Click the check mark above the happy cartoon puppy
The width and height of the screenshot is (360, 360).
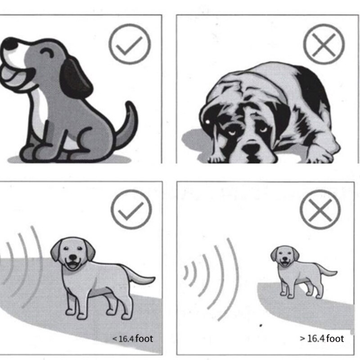[x=130, y=44]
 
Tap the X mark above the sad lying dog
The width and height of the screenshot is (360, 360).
[x=323, y=44]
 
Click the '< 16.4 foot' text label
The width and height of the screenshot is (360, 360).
[x=133, y=338]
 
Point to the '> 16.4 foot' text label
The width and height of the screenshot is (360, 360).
[x=322, y=338]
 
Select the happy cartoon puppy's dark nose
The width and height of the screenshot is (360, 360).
[x=10, y=44]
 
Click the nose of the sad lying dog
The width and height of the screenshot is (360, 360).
[x=251, y=148]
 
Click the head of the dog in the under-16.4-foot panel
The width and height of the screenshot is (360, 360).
[x=72, y=254]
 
